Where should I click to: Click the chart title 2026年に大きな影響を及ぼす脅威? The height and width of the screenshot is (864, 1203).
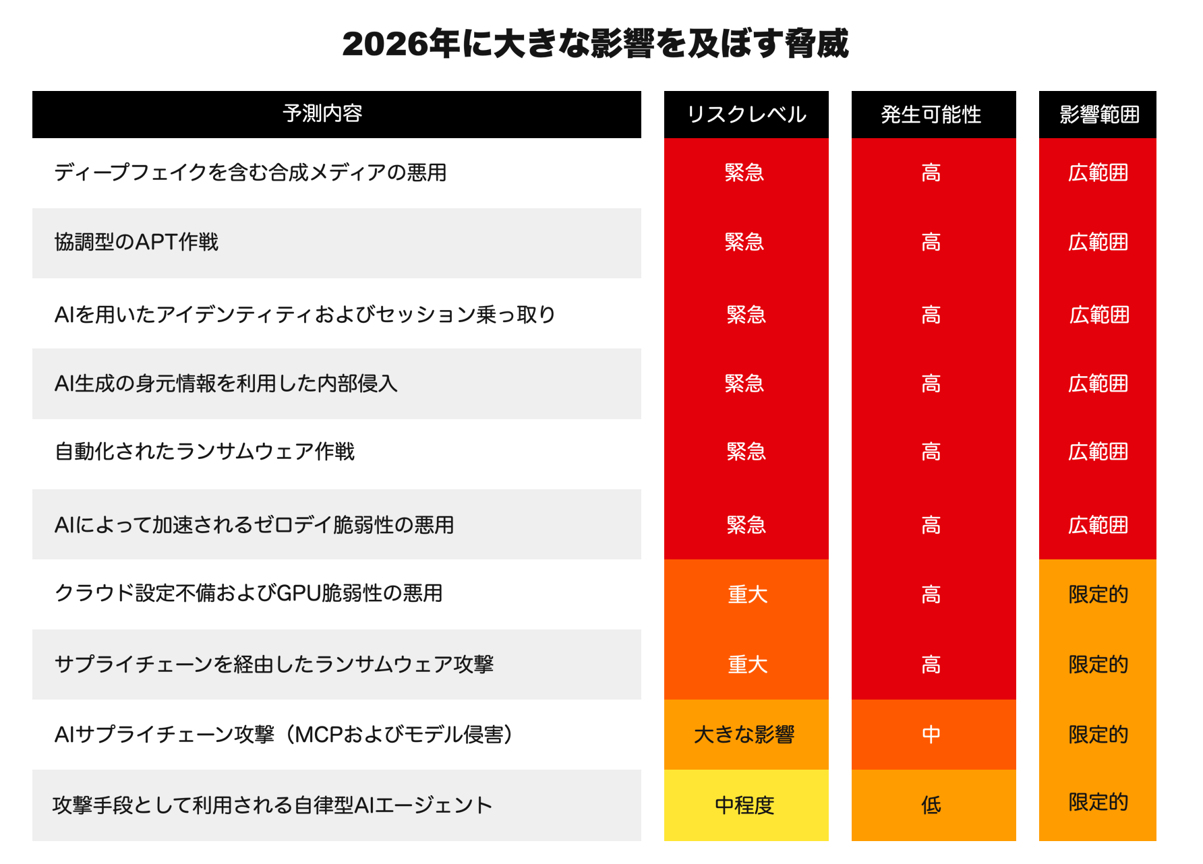(595, 44)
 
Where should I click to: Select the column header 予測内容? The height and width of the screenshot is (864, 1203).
(322, 113)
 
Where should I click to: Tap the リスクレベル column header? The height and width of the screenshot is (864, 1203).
(746, 115)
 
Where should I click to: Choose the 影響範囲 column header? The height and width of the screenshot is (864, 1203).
(1098, 115)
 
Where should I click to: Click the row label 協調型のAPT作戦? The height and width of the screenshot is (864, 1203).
(136, 242)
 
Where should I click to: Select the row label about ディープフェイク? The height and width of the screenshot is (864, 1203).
(250, 173)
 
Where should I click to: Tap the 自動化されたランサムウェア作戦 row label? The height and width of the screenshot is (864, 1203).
(204, 452)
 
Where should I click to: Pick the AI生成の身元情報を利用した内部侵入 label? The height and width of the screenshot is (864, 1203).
(226, 383)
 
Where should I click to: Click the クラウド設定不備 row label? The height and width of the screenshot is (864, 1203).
(248, 593)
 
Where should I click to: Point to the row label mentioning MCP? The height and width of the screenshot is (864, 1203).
(283, 734)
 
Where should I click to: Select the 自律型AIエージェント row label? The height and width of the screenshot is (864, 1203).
(272, 805)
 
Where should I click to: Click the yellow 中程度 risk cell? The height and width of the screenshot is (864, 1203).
(744, 805)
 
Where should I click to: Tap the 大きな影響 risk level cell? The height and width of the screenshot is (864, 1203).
(744, 734)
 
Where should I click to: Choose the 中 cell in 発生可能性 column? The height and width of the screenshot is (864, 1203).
(931, 734)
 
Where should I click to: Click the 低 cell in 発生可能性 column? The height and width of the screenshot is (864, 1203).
(931, 805)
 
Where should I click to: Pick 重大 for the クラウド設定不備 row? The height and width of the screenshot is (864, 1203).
(747, 594)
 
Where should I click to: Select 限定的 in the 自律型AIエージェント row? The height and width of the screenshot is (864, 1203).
(1098, 802)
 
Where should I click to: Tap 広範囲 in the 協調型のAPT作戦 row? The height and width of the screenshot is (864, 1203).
(1098, 242)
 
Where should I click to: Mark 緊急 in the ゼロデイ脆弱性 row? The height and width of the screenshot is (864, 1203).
(746, 525)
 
